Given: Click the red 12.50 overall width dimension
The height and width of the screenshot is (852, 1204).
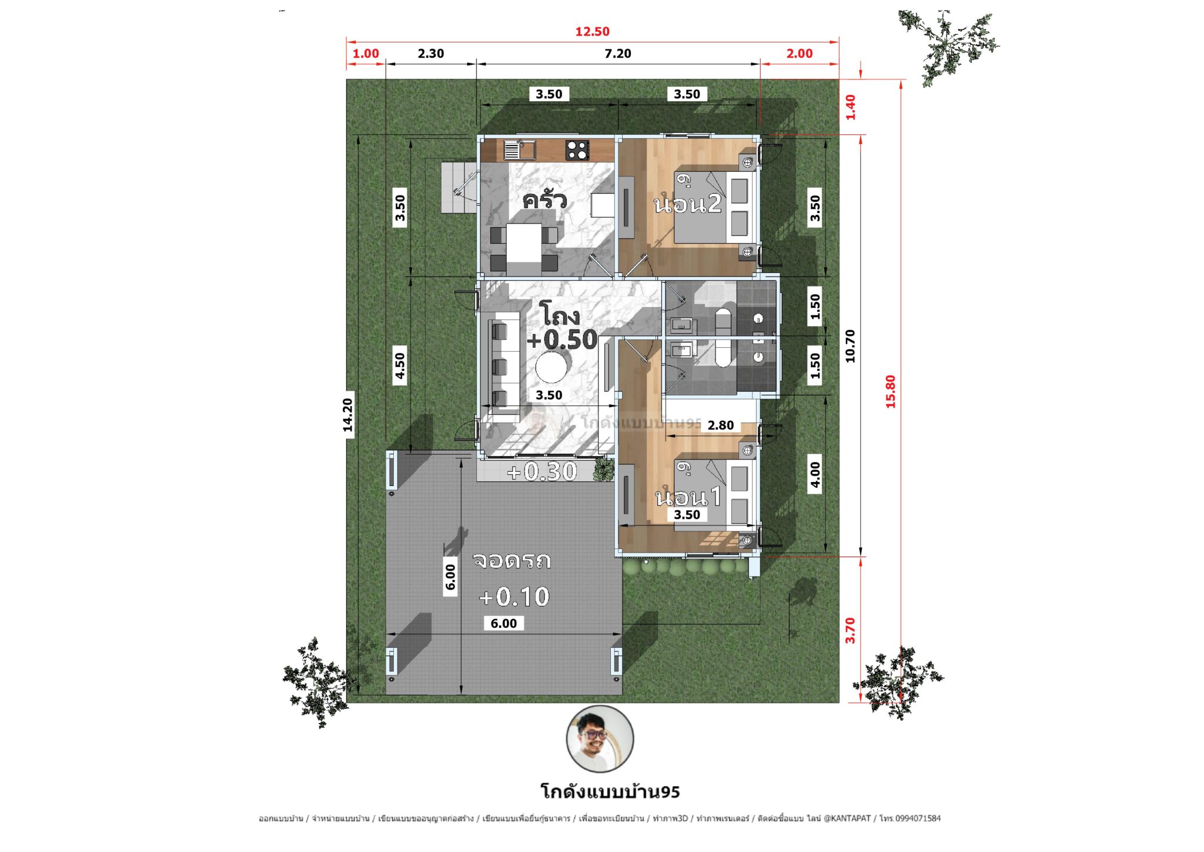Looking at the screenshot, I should (x=592, y=32).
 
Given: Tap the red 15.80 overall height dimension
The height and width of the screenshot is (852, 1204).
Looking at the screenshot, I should (x=891, y=392).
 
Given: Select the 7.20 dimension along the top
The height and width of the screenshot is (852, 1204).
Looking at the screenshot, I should (x=617, y=54).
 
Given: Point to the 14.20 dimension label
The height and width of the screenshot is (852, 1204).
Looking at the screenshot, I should (x=348, y=415).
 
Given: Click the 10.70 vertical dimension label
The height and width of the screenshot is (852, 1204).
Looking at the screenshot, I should (x=850, y=346).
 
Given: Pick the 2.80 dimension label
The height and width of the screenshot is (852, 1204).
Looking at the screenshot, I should (x=720, y=425).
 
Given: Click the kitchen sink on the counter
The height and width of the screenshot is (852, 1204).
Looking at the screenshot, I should (x=519, y=150).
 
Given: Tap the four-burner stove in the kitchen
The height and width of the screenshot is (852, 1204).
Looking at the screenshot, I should (x=577, y=150).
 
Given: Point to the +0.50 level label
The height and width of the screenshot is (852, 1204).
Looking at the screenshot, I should (x=562, y=340).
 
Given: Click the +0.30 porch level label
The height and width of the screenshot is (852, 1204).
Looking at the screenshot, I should (x=542, y=471).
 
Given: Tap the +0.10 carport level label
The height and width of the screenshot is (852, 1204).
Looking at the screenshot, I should (x=514, y=597).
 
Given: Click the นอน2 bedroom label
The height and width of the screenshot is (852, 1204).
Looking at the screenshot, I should (x=687, y=204).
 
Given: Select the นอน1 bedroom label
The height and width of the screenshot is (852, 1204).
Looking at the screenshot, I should (x=688, y=497).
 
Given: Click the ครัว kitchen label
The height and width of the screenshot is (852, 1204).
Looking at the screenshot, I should (x=544, y=200).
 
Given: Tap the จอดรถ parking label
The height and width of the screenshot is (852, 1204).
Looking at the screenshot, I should (x=511, y=560).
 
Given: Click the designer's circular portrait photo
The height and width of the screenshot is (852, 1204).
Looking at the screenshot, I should (x=600, y=739).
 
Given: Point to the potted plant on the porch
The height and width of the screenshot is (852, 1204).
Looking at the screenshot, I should (x=604, y=470).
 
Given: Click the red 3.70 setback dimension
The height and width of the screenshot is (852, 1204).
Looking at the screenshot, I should (x=850, y=630).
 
